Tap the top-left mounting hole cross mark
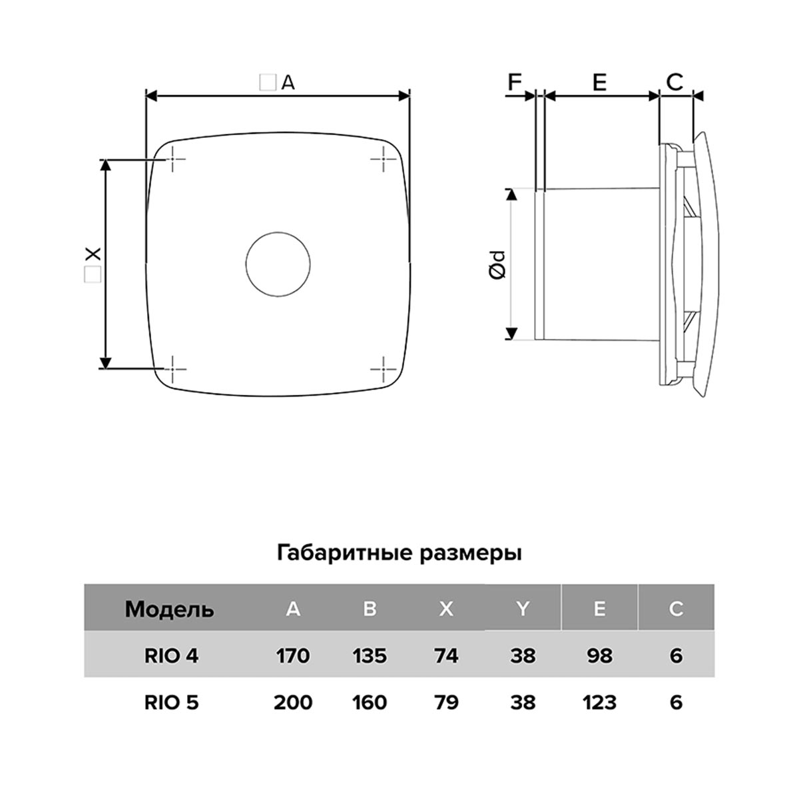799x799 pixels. (x=172, y=160)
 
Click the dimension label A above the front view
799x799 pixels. (x=287, y=83)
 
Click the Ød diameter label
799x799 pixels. (x=497, y=264)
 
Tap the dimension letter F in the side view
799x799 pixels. (x=515, y=82)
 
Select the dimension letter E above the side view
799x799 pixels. (x=599, y=82)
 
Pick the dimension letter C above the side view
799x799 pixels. (x=674, y=82)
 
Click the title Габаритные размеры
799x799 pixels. (x=399, y=553)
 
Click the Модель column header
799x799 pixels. (x=170, y=609)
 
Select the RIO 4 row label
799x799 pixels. (x=171, y=656)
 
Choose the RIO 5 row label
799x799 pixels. (x=171, y=702)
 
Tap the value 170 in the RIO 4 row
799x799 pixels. (x=292, y=656)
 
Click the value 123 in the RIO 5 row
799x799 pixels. (x=599, y=702)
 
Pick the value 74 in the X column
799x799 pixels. (x=445, y=656)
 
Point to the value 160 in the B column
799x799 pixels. (x=370, y=702)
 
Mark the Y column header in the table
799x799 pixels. (x=523, y=609)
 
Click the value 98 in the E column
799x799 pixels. (x=599, y=656)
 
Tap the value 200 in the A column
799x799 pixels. (x=292, y=702)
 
